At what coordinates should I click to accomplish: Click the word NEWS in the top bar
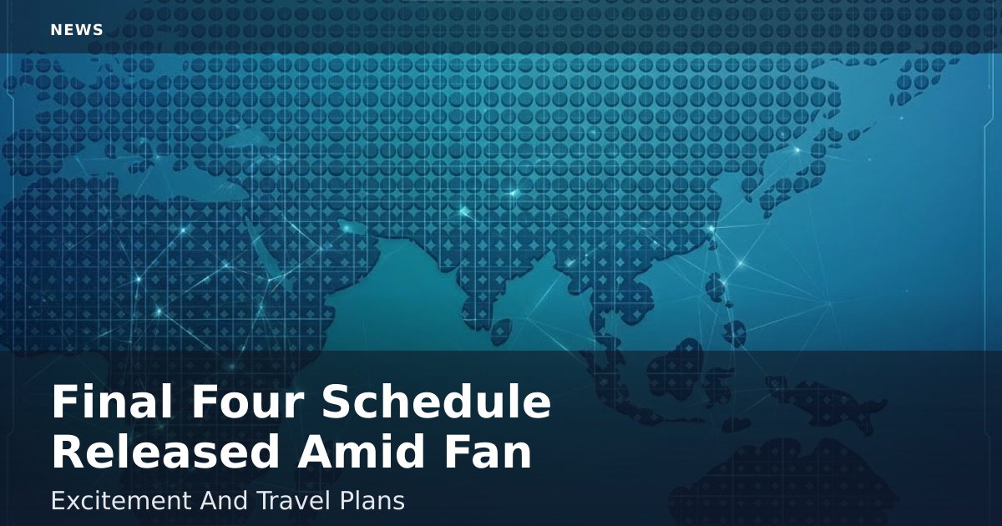point(77,30)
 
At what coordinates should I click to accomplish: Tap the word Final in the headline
point(112,402)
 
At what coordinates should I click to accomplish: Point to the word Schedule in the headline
point(437,402)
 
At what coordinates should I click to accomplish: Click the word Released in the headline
point(164,452)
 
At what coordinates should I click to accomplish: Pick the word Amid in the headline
point(361,452)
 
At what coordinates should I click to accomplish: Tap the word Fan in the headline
point(488,452)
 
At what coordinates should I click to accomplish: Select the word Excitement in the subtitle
point(121,500)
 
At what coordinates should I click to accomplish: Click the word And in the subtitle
point(224,500)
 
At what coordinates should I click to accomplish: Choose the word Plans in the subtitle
point(372,502)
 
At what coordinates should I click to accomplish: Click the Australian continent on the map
point(783,483)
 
